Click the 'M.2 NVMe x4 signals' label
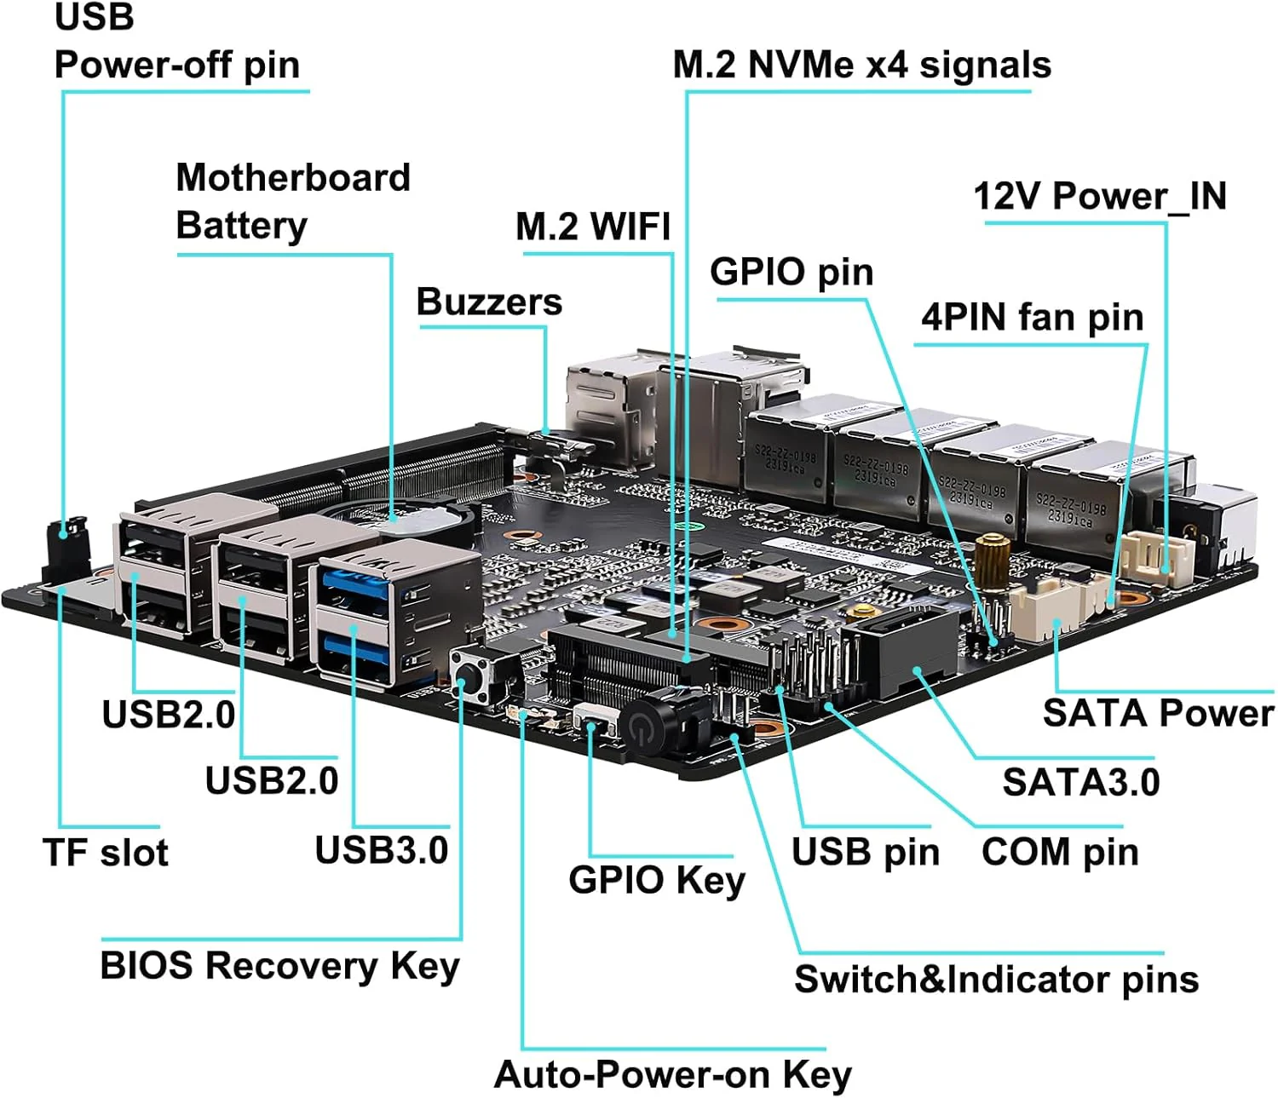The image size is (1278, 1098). (861, 66)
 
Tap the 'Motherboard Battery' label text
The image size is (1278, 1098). (292, 201)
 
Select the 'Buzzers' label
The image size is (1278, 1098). (489, 302)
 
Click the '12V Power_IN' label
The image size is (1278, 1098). (1100, 197)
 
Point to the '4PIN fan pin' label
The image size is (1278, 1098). (1032, 318)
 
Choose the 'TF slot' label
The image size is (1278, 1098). (106, 853)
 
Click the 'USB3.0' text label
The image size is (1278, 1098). (381, 850)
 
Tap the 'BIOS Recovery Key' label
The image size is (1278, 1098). (279, 966)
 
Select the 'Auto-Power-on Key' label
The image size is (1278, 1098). (672, 1075)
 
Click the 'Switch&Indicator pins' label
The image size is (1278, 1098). (996, 980)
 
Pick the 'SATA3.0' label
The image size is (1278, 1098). (1080, 782)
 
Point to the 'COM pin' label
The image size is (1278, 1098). (1060, 852)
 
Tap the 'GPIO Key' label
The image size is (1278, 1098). (656, 880)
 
